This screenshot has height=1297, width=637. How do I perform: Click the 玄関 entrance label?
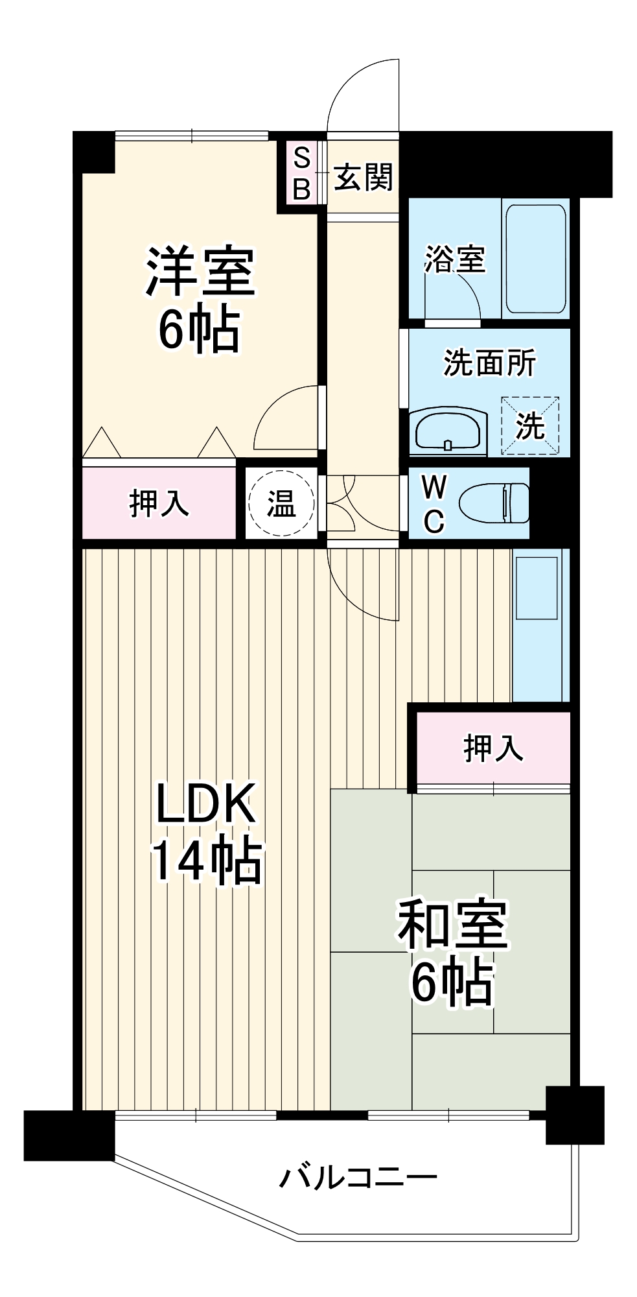364,177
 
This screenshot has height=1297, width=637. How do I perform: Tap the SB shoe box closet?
301,173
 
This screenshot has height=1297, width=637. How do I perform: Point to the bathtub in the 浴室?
535,259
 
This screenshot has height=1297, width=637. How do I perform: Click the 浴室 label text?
455,259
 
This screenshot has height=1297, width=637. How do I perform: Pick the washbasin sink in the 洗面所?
448,430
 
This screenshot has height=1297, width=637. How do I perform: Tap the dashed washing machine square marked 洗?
530,425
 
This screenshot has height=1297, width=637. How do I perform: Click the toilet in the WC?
494,503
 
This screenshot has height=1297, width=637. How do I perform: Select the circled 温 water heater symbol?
282,503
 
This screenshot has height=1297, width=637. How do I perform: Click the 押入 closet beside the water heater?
159,503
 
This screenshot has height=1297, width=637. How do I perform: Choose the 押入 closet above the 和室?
493,748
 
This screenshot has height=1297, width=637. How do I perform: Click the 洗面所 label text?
489,363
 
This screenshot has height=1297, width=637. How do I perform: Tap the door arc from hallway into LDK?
353,600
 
